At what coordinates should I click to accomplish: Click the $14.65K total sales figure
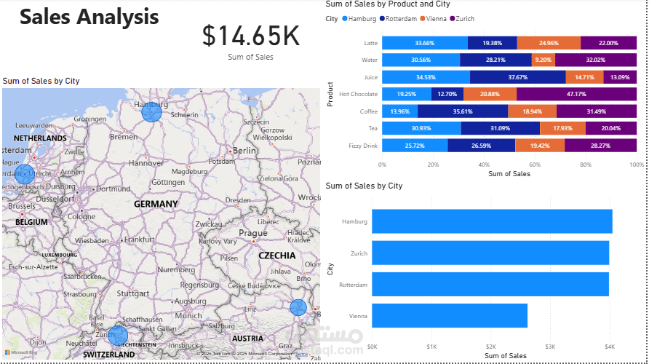pyautogui.click(x=251, y=36)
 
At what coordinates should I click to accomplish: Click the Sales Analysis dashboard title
pyautogui.click(x=89, y=17)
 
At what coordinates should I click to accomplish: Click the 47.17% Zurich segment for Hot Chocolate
pyautogui.click(x=576, y=94)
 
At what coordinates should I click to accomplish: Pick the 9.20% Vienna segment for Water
pyautogui.click(x=543, y=60)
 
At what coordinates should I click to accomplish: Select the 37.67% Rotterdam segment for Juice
pyautogui.click(x=517, y=76)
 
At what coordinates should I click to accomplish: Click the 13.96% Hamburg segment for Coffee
pyautogui.click(x=399, y=111)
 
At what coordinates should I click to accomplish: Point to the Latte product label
pyautogui.click(x=370, y=43)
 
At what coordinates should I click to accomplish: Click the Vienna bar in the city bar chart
pyautogui.click(x=450, y=316)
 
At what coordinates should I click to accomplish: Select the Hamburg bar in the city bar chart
pyautogui.click(x=492, y=221)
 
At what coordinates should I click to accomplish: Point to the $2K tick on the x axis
pyautogui.click(x=491, y=347)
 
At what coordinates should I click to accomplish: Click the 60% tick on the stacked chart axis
pyautogui.click(x=535, y=165)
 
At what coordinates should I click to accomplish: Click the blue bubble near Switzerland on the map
pyautogui.click(x=118, y=336)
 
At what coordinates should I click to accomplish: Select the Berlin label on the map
pyautogui.click(x=244, y=150)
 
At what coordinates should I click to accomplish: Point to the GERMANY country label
pyautogui.click(x=156, y=204)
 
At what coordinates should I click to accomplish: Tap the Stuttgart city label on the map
pyautogui.click(x=133, y=294)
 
